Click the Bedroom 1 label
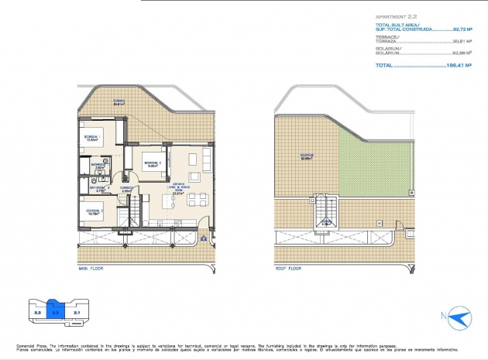pos(92,138)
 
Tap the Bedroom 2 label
pos(152,163)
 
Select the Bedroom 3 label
pos(92,211)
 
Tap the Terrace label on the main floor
pos(119,102)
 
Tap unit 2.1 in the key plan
pos(77,313)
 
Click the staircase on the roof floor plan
pos(326,213)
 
